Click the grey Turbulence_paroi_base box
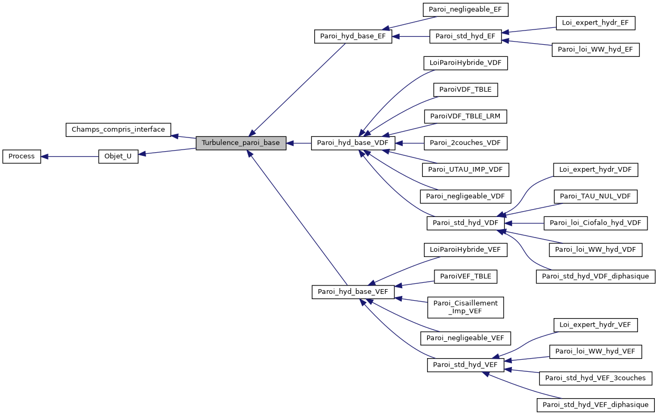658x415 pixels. [x=241, y=143]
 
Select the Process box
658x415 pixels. [x=22, y=156]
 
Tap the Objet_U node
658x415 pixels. [x=118, y=156]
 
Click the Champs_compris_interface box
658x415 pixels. [x=118, y=129]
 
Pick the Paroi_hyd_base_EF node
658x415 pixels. [x=353, y=36]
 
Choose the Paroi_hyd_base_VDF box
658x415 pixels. [x=353, y=143]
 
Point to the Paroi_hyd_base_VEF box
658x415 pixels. [x=353, y=292]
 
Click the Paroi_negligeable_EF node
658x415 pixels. [x=465, y=9]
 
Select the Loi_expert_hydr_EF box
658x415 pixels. [x=595, y=23]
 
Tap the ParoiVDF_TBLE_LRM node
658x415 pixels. [x=465, y=116]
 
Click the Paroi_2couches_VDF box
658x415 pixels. [x=465, y=143]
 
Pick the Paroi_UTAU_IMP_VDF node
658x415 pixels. [x=465, y=170]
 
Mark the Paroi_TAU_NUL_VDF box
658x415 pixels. [x=595, y=196]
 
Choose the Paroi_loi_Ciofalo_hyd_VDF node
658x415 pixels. [x=595, y=223]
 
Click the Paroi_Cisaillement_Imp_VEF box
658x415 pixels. [x=465, y=307]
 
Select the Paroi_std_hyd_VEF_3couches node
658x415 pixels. [x=595, y=378]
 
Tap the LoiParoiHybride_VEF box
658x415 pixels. [x=465, y=249]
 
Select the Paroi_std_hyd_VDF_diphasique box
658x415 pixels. [x=595, y=276]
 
